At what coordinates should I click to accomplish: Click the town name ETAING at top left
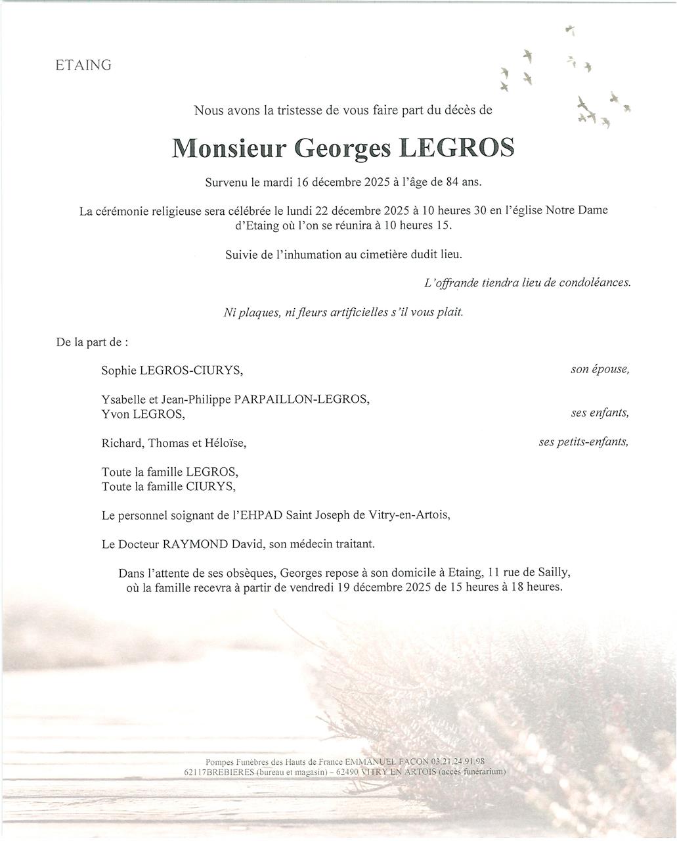(83, 65)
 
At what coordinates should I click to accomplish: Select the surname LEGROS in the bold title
(457, 148)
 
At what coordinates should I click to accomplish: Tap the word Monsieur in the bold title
(229, 148)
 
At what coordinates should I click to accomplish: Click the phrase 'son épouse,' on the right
(600, 369)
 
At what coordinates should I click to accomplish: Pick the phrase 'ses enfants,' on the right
(600, 413)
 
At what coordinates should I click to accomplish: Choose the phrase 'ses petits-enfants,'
(583, 442)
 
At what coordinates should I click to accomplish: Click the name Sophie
(119, 371)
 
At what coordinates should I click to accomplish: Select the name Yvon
(116, 414)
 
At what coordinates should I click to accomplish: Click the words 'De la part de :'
(92, 342)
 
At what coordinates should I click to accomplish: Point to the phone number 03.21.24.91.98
(458, 761)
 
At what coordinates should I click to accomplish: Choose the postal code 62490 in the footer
(347, 772)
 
